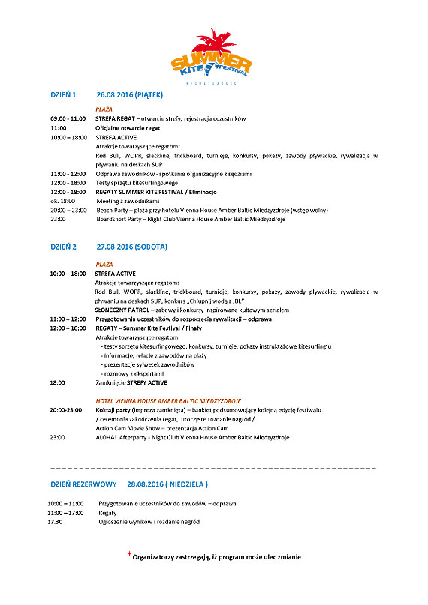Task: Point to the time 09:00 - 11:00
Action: click(67, 119)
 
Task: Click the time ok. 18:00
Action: click(62, 201)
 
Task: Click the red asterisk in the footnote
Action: click(128, 555)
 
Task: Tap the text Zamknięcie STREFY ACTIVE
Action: click(131, 382)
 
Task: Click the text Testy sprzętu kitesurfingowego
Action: click(137, 183)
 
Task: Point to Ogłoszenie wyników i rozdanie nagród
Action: click(149, 521)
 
